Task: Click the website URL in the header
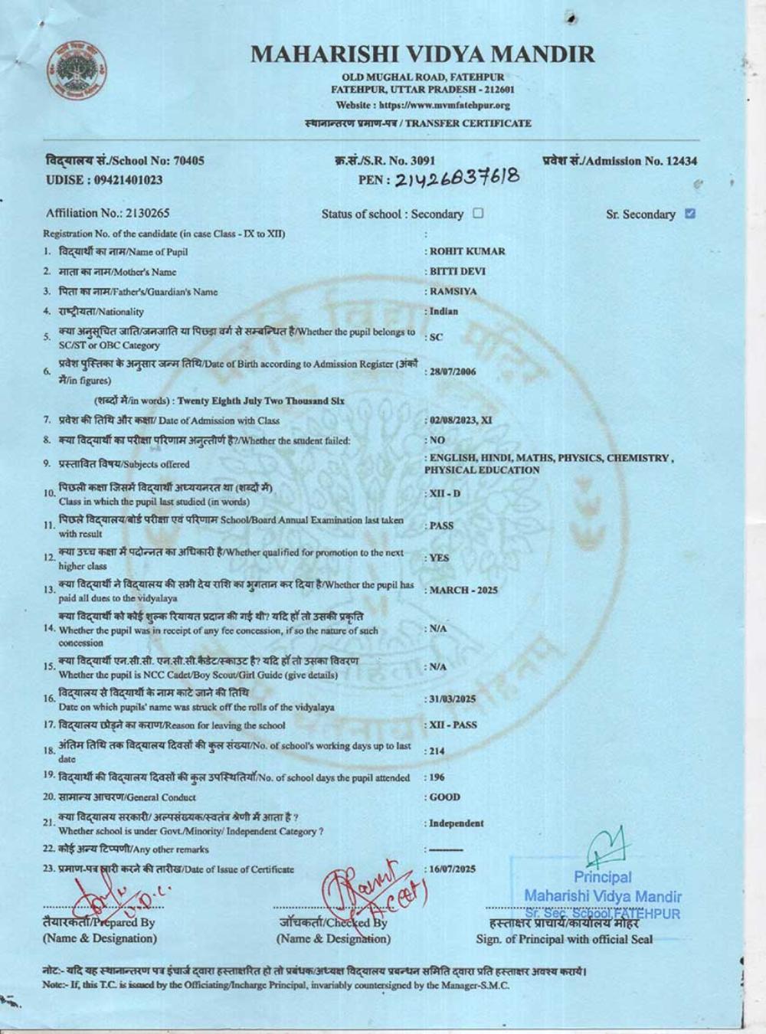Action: coord(423,105)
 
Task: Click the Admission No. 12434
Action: coord(681,161)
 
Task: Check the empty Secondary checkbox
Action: coord(479,214)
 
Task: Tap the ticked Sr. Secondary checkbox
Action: coord(690,214)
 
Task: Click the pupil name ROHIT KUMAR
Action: coord(467,251)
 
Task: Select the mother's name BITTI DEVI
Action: coord(457,271)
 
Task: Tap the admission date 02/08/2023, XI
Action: coord(460,420)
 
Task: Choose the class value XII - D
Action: coord(445,493)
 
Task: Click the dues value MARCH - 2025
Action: coord(463,590)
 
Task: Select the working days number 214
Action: coord(437,751)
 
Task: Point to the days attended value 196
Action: coord(437,777)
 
